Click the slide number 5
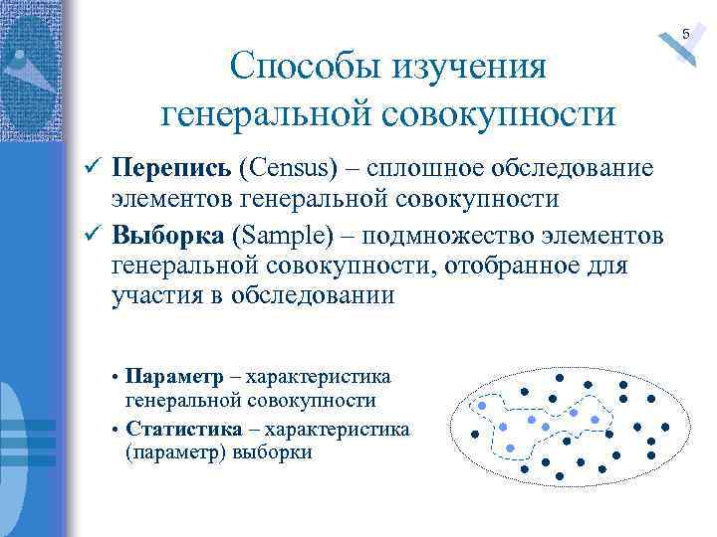point(685,35)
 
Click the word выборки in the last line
point(272,452)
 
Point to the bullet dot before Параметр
point(116,379)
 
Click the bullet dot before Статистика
point(116,431)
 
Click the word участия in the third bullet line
point(156,296)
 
